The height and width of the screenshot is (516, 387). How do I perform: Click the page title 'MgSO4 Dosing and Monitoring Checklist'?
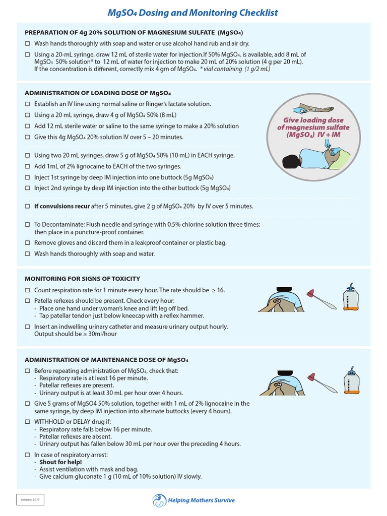pyautogui.click(x=193, y=13)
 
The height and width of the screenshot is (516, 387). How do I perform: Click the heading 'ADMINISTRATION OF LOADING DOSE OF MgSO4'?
pyautogui.click(x=98, y=93)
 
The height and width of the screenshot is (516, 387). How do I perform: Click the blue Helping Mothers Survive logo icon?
pyautogui.click(x=158, y=500)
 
